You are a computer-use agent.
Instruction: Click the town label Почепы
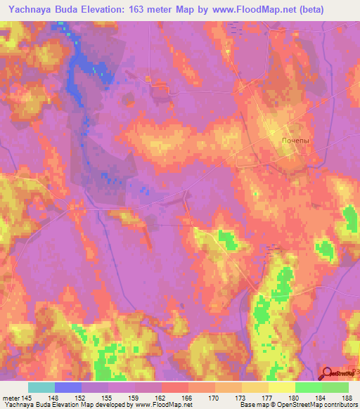[x=295, y=141]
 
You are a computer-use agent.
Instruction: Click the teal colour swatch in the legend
[x=41, y=387]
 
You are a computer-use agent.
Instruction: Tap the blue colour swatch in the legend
[x=68, y=387]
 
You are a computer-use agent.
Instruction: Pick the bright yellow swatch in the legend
[x=281, y=387]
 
